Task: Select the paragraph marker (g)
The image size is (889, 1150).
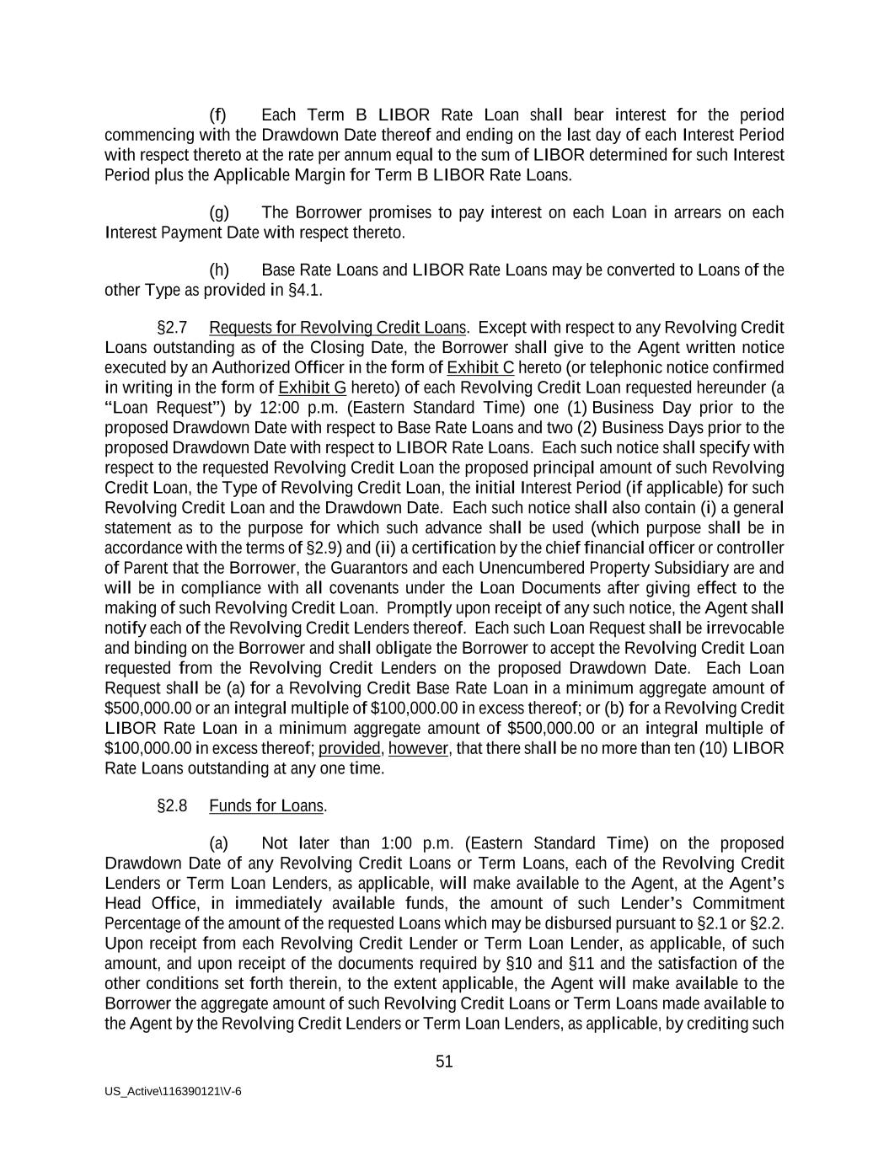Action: coord(218,212)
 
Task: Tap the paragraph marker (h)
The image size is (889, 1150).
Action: coord(218,270)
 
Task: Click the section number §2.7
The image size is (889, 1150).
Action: coord(172,327)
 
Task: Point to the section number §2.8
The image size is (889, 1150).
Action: coord(172,805)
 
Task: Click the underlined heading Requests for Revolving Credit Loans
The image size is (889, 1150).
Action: coord(337,327)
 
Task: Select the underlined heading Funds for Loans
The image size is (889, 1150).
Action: coord(266,805)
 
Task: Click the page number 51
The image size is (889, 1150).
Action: coord(444,1062)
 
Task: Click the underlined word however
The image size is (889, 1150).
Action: coord(418,748)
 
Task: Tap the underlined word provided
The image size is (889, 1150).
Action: coord(349,748)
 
